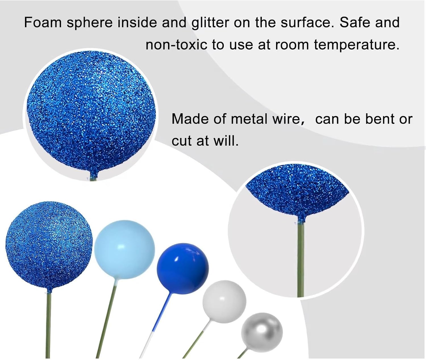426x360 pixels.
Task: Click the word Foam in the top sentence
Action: click(43, 22)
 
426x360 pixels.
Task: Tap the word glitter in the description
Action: click(210, 23)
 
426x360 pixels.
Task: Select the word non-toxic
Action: click(176, 45)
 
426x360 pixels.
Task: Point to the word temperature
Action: click(356, 45)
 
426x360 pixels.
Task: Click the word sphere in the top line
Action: click(89, 23)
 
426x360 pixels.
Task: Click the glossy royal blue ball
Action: click(183, 268)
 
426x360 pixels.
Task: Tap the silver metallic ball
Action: click(262, 332)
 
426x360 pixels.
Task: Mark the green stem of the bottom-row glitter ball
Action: click(48, 326)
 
